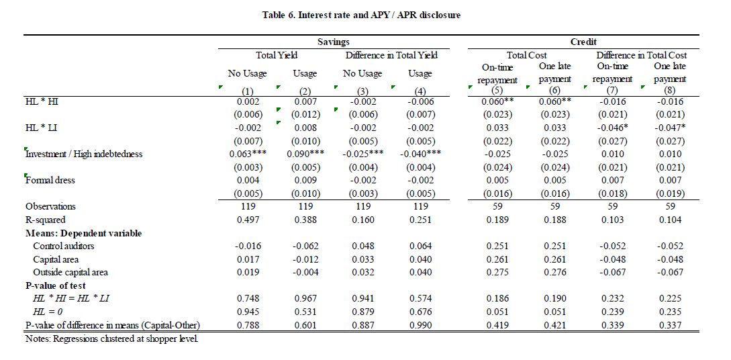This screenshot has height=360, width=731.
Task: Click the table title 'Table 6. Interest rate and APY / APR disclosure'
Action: pyautogui.click(x=361, y=15)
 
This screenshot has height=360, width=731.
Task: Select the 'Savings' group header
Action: pyautogui.click(x=334, y=42)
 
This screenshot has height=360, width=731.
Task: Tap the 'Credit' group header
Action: pyautogui.click(x=584, y=42)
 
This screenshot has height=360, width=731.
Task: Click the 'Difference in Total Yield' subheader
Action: pyautogui.click(x=391, y=55)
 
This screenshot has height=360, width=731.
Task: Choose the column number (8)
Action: pyautogui.click(x=671, y=91)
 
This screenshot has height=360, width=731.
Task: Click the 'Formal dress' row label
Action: pyautogui.click(x=50, y=180)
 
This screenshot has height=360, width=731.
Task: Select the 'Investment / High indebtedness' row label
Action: pyautogui.click(x=84, y=153)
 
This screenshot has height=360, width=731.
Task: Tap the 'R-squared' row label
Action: pyautogui.click(x=46, y=220)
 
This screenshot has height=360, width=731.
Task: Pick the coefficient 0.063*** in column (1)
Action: pyautogui.click(x=248, y=153)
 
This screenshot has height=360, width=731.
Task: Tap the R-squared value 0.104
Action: pyautogui.click(x=671, y=220)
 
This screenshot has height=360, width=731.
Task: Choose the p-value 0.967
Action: pyautogui.click(x=306, y=298)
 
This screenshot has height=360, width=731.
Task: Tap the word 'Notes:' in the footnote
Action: pyautogui.click(x=38, y=339)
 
